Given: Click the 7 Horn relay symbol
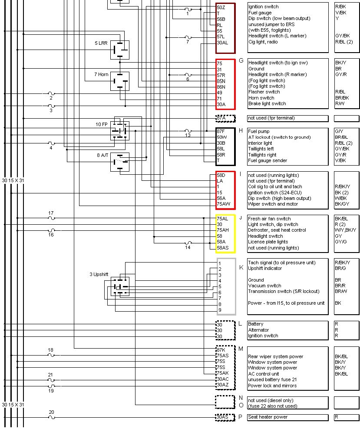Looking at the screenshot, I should point(119,81).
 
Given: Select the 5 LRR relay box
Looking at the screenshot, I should point(119,50).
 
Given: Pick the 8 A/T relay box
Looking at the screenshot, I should point(119,162).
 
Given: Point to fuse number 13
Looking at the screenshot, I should point(188,130).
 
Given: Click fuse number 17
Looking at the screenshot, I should point(51,218).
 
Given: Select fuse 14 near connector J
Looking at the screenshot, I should point(188,243).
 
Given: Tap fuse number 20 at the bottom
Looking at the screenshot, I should point(52,417).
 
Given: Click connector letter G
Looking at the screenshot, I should point(241,60).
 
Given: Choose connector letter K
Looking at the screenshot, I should point(241,267).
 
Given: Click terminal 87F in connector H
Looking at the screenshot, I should point(221,131).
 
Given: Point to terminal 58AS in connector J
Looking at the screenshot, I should point(222,248).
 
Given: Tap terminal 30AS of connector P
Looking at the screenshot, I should point(222,417).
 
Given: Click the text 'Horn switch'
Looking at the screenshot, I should point(261,98).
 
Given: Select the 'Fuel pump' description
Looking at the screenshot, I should point(259,131).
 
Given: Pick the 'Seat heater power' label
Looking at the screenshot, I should point(268,417).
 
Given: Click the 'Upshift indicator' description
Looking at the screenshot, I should point(265,268).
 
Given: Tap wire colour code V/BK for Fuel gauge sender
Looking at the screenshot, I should point(341,161).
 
